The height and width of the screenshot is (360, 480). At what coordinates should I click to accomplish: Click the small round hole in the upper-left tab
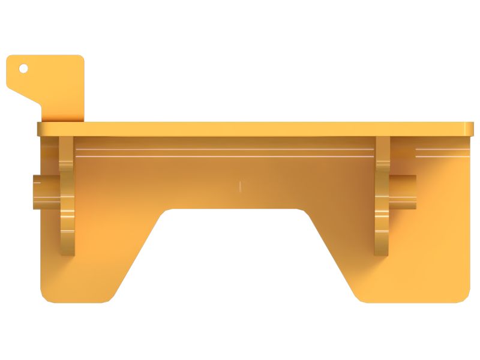coord(23,68)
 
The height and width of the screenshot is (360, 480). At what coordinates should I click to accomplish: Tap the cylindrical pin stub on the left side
coord(44,191)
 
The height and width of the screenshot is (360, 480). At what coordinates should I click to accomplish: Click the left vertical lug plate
coord(67,198)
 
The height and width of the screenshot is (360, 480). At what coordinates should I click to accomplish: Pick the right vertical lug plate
coord(382,198)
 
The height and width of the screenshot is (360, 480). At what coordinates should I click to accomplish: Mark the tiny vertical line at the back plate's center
coord(240,186)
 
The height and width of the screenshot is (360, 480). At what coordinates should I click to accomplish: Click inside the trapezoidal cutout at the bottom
coord(240,258)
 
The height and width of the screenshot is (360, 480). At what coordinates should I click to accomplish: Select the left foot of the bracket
coord(90,276)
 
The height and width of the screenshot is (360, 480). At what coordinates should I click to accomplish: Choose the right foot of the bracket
coord(408,276)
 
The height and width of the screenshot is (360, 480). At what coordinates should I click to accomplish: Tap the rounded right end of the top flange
coord(469,129)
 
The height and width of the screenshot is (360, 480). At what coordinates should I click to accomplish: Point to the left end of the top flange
coord(41,130)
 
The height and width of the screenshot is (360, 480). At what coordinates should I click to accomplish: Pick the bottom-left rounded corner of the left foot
coord(46,296)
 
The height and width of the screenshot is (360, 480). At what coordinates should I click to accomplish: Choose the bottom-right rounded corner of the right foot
coord(465,296)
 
